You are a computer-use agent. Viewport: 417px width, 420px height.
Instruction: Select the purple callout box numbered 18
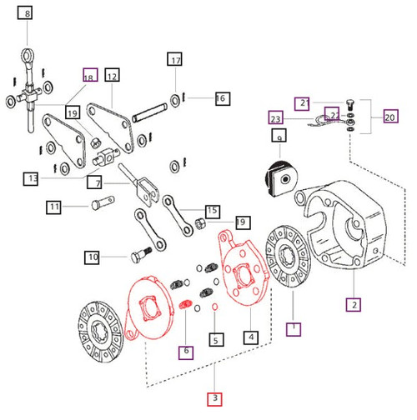[x=89, y=76]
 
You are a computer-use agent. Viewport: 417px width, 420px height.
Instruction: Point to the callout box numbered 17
[x=174, y=61]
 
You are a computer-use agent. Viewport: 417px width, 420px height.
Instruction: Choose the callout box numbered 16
[x=220, y=98]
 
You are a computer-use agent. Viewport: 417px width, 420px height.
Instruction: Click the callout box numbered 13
[x=33, y=178]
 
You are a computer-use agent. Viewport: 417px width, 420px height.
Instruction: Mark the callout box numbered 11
[x=54, y=206]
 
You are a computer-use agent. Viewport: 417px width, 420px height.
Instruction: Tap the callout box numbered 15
[x=212, y=211]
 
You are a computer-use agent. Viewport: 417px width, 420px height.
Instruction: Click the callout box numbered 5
[x=216, y=339]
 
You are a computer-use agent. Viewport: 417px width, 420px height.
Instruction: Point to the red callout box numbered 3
[x=215, y=399]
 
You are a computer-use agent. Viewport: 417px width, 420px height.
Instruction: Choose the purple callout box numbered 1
[x=293, y=327]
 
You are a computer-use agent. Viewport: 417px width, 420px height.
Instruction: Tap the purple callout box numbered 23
[x=276, y=117]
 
